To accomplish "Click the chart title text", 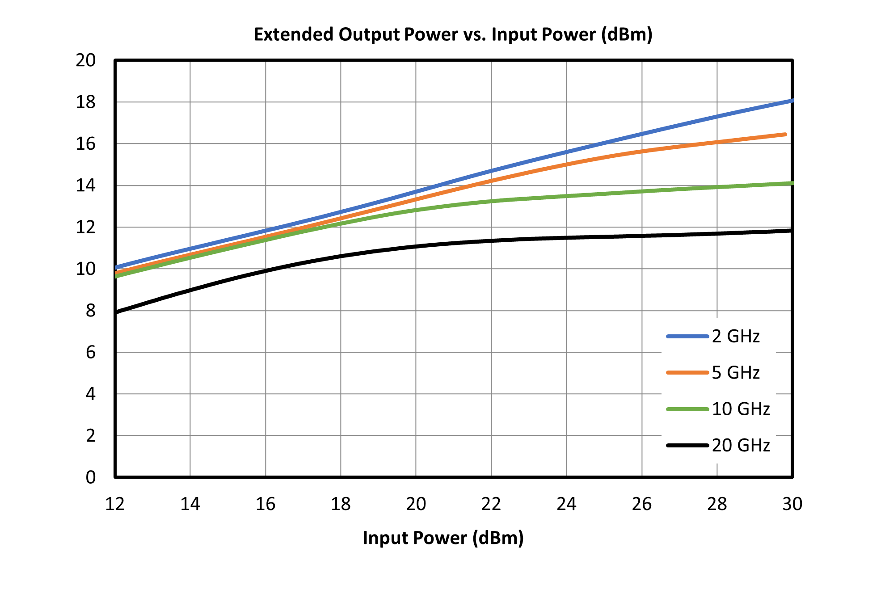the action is tap(453, 34).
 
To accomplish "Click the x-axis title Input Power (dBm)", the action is tap(443, 538).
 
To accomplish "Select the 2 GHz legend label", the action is tap(736, 336).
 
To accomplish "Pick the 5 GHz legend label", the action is tap(736, 372).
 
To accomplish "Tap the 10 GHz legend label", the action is tap(741, 409).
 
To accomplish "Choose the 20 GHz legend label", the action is tap(741, 445).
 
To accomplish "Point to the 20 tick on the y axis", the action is tap(86, 60).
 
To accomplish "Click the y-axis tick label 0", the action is tap(91, 477).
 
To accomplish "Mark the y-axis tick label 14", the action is tap(86, 185).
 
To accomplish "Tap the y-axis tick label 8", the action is tap(91, 311).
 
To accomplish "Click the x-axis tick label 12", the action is tap(115, 504).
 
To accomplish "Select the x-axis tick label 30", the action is tap(792, 504).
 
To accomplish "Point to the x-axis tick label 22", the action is tap(491, 504).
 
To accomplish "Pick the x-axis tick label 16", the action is tap(265, 504).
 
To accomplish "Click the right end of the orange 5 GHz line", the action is tap(785, 134).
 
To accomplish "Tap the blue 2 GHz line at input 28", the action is tap(717, 117).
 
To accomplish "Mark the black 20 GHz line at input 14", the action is tap(190, 291).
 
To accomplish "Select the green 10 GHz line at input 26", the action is tap(642, 192).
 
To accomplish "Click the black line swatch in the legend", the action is tap(687, 445).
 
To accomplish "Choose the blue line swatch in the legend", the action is tap(687, 336).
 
